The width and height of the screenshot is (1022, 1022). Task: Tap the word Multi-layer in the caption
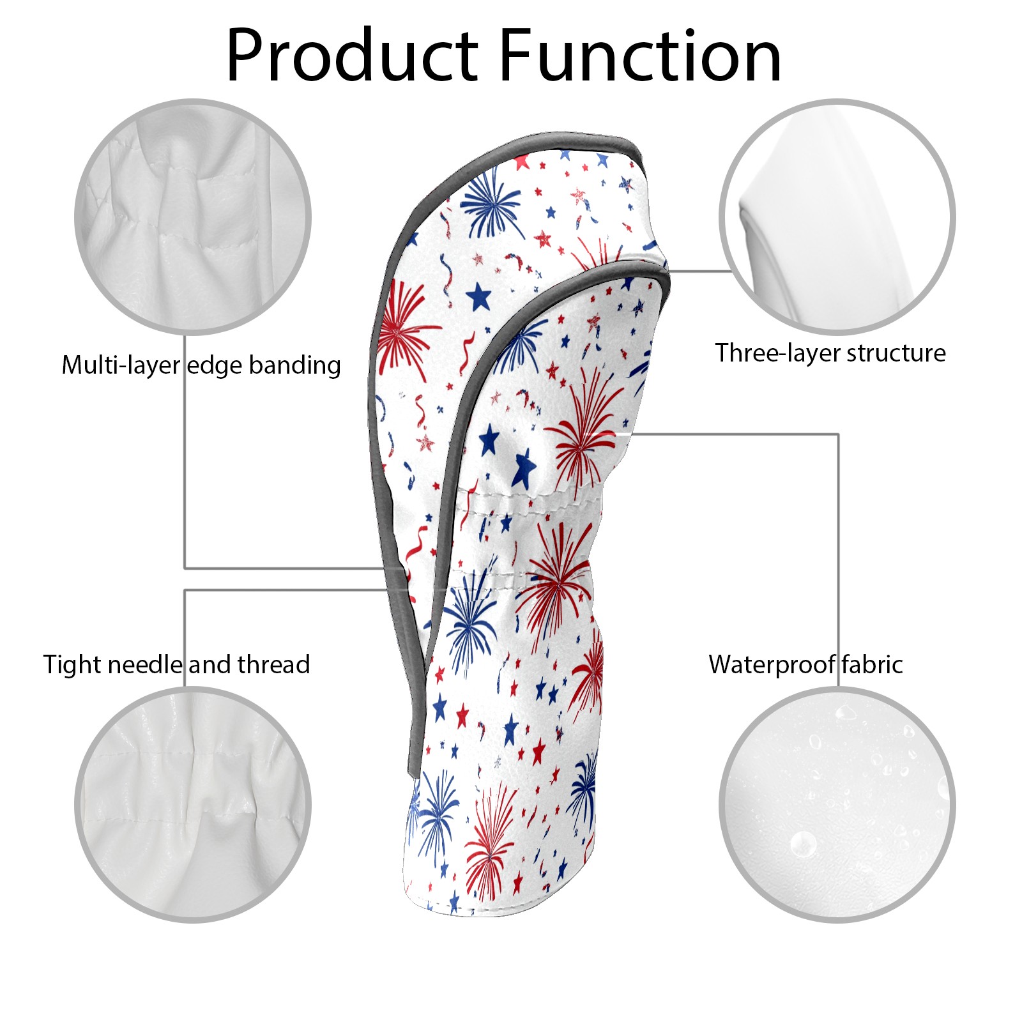click(x=121, y=365)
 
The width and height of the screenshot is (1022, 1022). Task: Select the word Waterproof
click(x=772, y=665)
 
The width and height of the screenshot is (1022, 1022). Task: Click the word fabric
click(x=872, y=664)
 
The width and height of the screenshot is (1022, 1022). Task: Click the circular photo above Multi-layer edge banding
click(x=193, y=217)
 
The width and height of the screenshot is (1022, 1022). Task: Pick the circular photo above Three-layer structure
click(x=837, y=217)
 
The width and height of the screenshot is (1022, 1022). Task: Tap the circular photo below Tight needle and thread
click(x=193, y=804)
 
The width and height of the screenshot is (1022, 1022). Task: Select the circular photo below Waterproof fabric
click(x=837, y=804)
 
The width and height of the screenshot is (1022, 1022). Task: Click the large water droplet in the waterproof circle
click(x=803, y=844)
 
